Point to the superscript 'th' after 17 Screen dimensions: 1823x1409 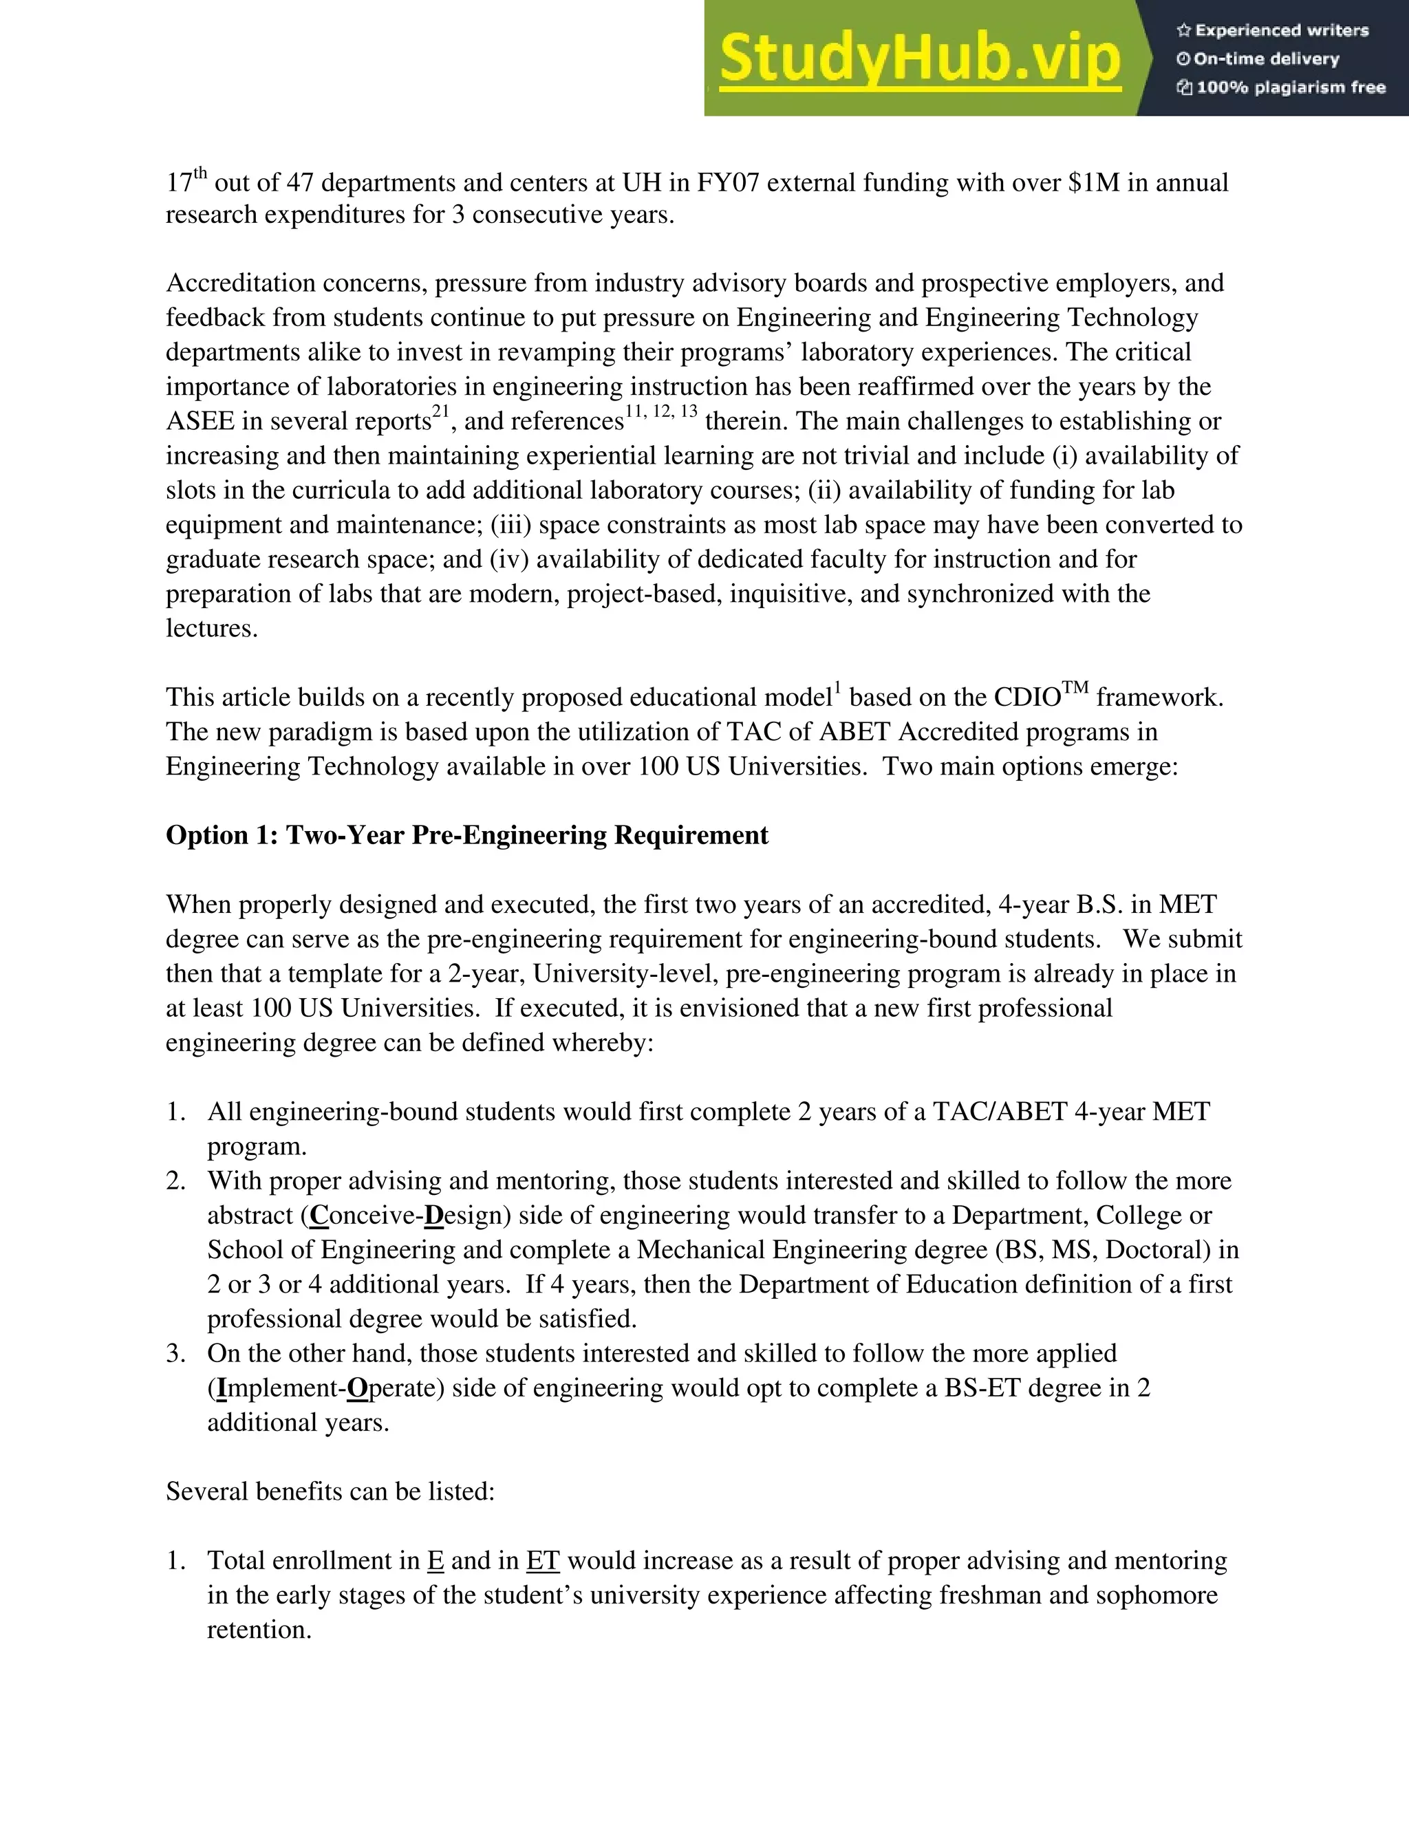click(x=200, y=173)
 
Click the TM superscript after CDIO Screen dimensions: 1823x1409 click(x=1075, y=688)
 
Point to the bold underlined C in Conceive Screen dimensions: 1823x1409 click(x=318, y=1216)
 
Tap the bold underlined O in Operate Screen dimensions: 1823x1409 click(x=356, y=1388)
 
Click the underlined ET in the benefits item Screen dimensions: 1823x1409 click(x=543, y=1561)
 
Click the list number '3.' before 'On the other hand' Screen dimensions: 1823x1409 click(x=175, y=1353)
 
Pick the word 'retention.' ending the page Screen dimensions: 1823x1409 click(x=259, y=1629)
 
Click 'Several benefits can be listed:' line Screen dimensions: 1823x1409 click(x=330, y=1491)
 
